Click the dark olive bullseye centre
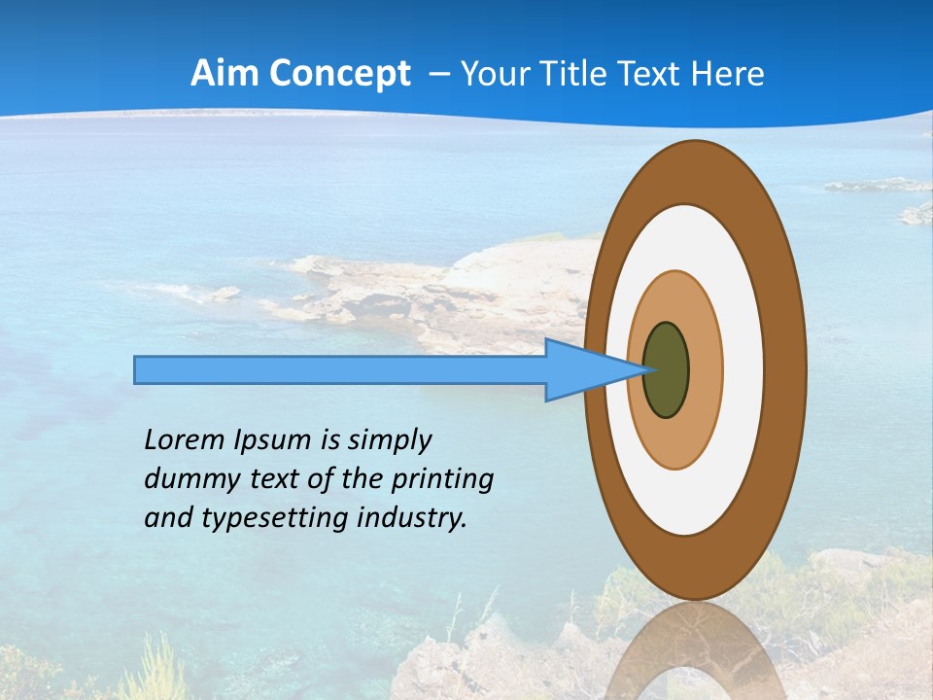tap(667, 370)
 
